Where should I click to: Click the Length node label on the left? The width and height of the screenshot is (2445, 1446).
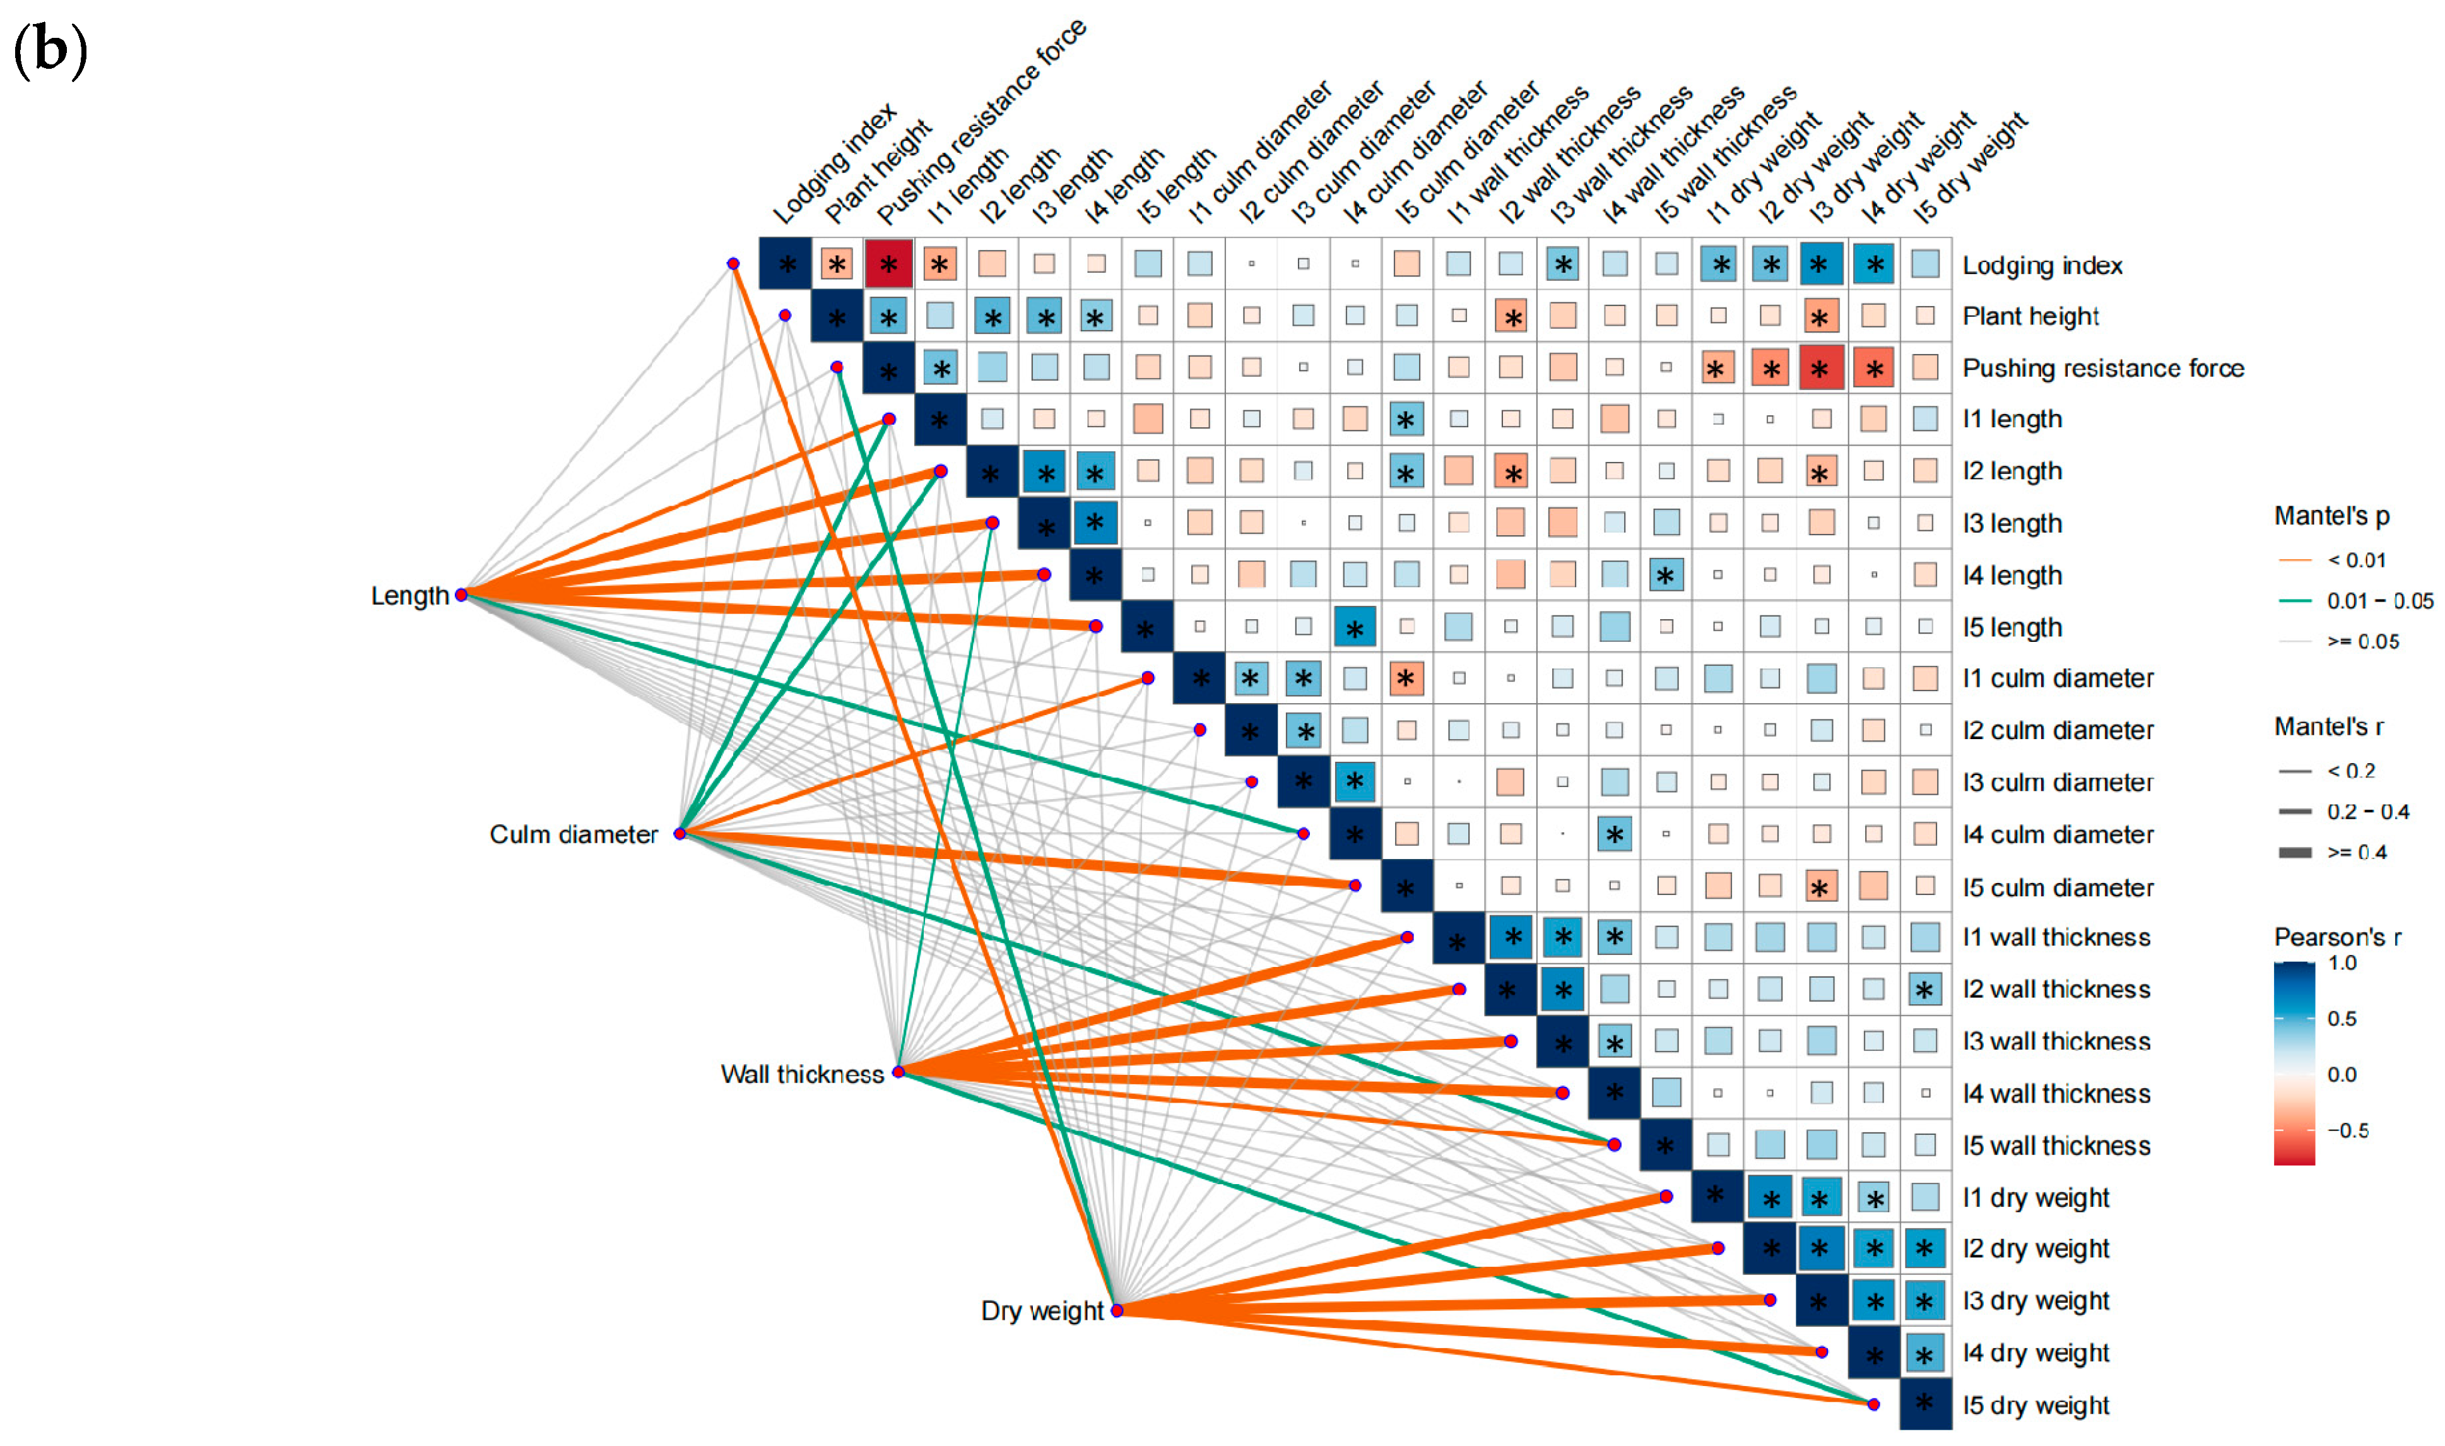point(409,595)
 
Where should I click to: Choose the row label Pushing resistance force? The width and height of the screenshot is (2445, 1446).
point(2102,369)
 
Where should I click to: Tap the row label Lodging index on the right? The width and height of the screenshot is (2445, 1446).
point(2042,266)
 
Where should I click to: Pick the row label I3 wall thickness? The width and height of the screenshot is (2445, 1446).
point(2055,1041)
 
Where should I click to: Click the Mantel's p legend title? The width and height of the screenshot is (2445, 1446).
point(2331,516)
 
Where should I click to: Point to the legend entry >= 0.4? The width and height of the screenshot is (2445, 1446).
point(2357,853)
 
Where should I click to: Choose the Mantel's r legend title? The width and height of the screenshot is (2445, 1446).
point(2328,727)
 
